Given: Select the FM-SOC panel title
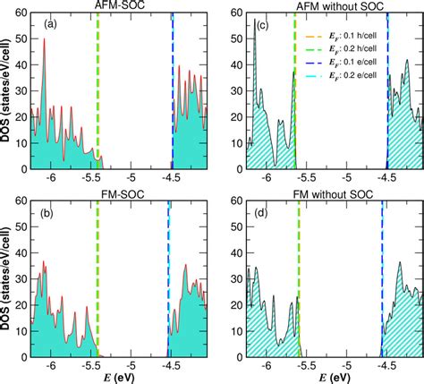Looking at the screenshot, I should (x=117, y=199).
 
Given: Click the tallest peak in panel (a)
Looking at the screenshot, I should (x=45, y=64).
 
